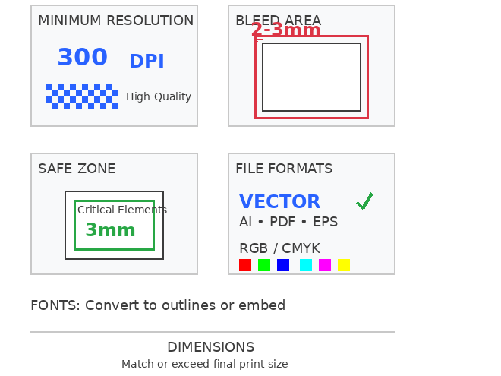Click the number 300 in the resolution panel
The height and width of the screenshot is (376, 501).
[83, 57]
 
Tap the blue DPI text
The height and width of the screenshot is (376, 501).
[147, 61]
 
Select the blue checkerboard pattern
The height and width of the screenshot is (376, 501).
[82, 96]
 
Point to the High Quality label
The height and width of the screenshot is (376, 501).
[159, 96]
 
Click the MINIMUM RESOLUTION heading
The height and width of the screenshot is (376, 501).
[115, 21]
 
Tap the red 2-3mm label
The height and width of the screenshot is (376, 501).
[285, 30]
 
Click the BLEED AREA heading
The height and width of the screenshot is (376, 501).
[278, 21]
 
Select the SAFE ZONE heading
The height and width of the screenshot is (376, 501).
[77, 169]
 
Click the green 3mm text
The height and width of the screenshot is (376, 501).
[111, 230]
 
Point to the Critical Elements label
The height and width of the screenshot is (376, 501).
[122, 210]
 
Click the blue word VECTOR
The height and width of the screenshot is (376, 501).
[279, 201]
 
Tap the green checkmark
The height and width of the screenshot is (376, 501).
[365, 201]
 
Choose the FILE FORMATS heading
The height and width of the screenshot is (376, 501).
[284, 169]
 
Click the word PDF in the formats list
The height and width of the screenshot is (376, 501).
[282, 222]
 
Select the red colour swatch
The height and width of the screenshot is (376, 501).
[245, 265]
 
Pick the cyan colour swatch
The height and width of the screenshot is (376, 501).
[306, 265]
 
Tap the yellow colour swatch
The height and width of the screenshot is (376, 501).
[344, 265]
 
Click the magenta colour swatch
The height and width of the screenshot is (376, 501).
[325, 265]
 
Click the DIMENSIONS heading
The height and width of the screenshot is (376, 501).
[211, 347]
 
